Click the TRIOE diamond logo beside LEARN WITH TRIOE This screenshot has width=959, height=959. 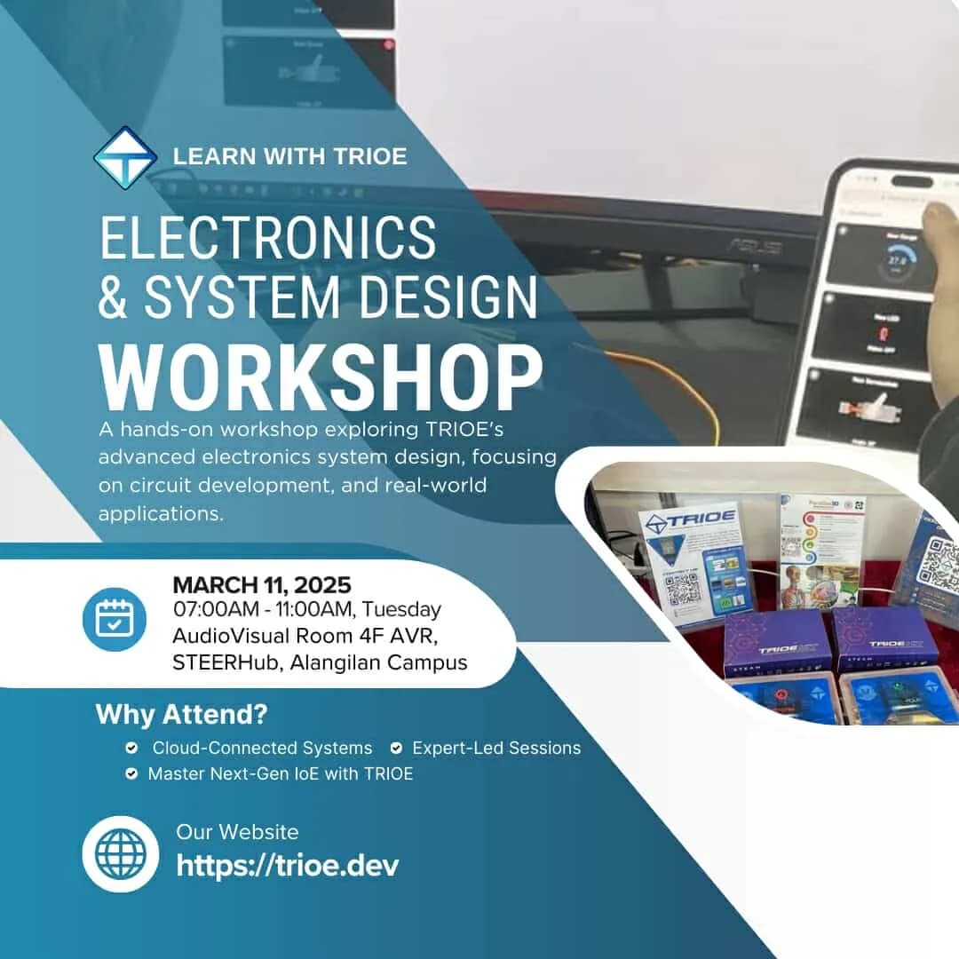125,156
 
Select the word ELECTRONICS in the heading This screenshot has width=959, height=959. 267,238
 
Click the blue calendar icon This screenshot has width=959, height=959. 114,620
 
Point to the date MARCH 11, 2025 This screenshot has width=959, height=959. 262,585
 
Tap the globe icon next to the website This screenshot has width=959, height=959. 121,854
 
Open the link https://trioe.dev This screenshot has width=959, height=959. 288,865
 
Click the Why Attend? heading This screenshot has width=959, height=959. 181,714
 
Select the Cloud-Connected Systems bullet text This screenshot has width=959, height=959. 262,749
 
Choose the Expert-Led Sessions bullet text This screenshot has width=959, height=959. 496,749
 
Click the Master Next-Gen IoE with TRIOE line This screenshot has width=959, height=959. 280,773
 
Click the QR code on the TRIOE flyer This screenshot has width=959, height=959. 682,589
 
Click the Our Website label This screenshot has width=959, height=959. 237,832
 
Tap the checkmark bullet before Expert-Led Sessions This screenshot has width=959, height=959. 396,749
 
